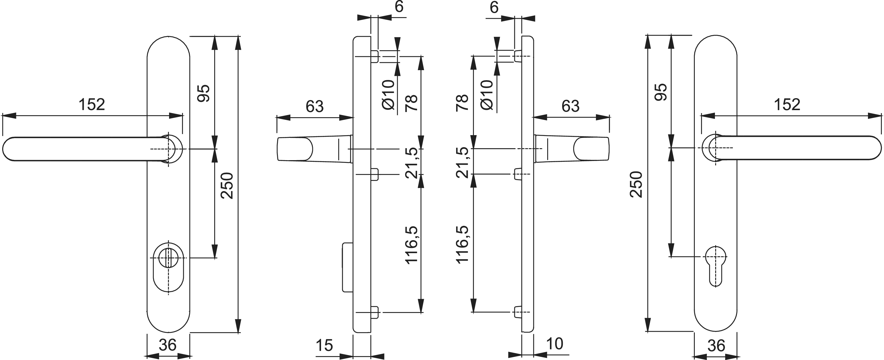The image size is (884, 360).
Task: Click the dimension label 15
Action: [x=324, y=345]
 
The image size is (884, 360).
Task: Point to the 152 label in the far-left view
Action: [x=92, y=104]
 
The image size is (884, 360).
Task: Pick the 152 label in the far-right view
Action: [x=787, y=104]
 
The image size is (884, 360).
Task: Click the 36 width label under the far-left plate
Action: [x=168, y=345]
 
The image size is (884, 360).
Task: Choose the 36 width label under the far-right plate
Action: [x=716, y=346]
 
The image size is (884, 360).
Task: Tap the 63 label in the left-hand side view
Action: [x=315, y=106]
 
